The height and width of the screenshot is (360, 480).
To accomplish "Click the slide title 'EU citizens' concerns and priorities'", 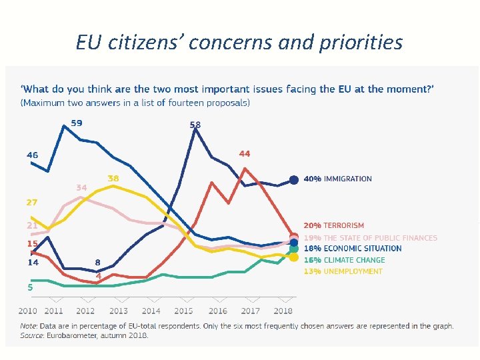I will (239, 43).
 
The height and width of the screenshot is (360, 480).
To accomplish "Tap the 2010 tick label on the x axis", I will (28, 311).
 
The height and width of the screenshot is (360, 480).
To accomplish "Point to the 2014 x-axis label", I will (151, 311).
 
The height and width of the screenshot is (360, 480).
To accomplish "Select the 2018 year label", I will (283, 311).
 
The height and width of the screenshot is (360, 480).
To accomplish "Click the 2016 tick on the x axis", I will (217, 311).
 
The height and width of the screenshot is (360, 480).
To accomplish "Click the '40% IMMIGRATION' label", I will (337, 179).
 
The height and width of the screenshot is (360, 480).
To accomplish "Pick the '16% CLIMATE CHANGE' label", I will (344, 260).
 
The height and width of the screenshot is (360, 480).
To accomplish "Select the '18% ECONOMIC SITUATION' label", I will (353, 249).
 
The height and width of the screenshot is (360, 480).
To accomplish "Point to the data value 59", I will (77, 123).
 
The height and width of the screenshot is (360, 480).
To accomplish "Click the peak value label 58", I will (195, 125).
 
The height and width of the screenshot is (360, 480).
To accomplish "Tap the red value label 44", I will (245, 154).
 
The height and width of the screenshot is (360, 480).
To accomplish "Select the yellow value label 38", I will (113, 179).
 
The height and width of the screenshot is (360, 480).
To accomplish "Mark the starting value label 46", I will (32, 155).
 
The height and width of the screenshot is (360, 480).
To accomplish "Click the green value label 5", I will (29, 287).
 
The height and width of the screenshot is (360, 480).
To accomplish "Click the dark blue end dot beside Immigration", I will (293, 179).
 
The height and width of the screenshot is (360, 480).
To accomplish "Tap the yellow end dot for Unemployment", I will (293, 257).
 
